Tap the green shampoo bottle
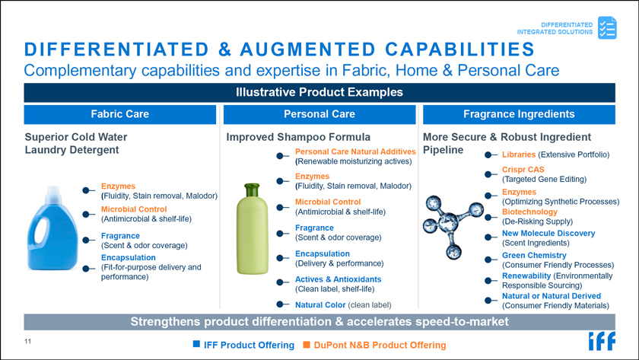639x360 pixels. (x=253, y=229)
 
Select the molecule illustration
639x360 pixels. (x=452, y=225)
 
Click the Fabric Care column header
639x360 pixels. (x=120, y=114)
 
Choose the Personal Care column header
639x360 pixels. (x=319, y=114)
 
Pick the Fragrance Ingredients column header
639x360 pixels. (x=519, y=114)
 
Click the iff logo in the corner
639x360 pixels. (x=602, y=341)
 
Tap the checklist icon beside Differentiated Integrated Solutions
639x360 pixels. (x=607, y=27)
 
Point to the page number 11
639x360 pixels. (x=27, y=341)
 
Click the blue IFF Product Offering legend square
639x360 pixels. (x=196, y=344)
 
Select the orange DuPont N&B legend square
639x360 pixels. (x=307, y=345)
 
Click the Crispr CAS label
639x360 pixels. (x=523, y=170)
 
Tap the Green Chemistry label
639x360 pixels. (x=534, y=255)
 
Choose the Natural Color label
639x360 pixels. (x=320, y=304)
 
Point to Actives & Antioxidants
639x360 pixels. (x=339, y=279)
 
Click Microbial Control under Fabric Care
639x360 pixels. (x=134, y=209)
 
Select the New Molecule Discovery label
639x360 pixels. (x=548, y=233)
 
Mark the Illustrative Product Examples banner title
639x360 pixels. (x=319, y=92)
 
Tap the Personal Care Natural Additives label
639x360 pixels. (x=355, y=151)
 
